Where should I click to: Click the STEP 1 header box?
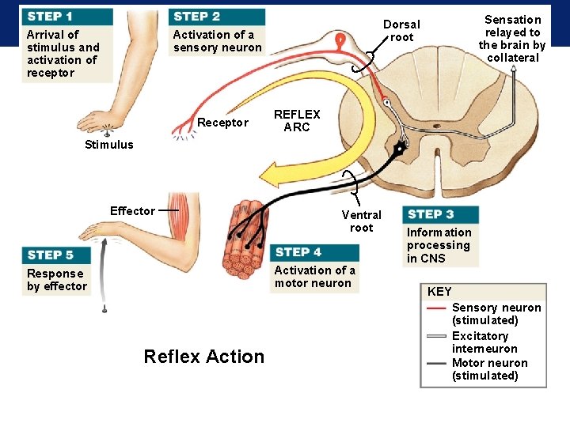66,17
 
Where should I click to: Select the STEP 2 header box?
215,17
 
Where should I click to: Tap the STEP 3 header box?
441,214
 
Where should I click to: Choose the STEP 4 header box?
315,252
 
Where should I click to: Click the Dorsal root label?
401,31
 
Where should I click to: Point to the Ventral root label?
361,221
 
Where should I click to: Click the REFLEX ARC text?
297,121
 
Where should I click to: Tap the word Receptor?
222,123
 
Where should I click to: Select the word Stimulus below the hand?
109,145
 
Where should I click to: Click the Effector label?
132,210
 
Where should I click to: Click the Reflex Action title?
204,357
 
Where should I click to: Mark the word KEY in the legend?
439,292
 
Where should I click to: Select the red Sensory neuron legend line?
437,308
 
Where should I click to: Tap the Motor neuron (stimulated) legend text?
489,369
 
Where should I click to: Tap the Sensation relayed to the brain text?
512,38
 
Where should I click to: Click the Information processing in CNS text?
439,245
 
